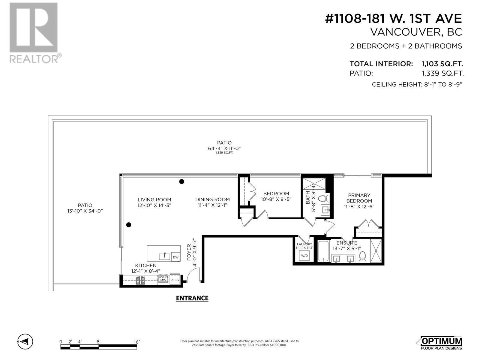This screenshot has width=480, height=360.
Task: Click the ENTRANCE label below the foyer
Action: coord(192,298)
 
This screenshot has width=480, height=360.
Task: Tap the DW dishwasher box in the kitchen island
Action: coord(175,257)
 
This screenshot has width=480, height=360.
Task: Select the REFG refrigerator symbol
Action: coord(175,280)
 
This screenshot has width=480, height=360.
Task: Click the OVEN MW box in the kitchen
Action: coord(163,279)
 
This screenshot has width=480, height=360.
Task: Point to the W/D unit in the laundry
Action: coord(304,256)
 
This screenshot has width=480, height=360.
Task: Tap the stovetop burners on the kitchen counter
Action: coord(140,280)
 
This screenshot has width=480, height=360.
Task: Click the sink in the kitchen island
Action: coord(164,256)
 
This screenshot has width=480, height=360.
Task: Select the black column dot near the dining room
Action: coord(181,181)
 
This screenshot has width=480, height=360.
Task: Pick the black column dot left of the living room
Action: coord(129,224)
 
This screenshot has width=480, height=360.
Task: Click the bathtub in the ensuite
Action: coord(323,251)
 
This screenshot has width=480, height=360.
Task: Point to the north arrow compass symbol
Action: coord(25,341)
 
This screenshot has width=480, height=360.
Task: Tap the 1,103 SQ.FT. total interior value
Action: coord(442,64)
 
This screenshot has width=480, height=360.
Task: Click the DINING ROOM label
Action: coord(213,199)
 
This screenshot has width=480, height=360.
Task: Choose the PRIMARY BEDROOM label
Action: coord(359,198)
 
